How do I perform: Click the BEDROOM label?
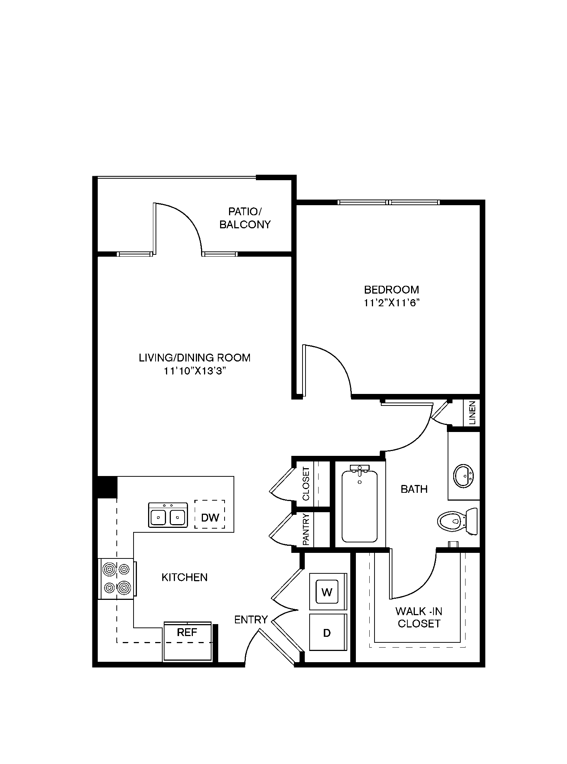[x=391, y=289]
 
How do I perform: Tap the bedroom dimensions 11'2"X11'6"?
[x=391, y=303]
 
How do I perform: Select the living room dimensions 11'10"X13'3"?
[x=195, y=371]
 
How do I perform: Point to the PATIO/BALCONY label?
[x=245, y=218]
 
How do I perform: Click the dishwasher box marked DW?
[x=210, y=514]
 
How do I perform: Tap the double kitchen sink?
[x=168, y=515]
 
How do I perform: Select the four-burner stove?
[x=117, y=579]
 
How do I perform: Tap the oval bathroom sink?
[x=464, y=476]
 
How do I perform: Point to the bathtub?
[x=360, y=504]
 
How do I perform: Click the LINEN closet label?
[x=473, y=413]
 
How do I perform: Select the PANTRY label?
[x=306, y=530]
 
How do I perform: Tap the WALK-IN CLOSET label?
[x=419, y=617]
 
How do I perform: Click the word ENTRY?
[x=251, y=620]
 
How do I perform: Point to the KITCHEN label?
[x=185, y=577]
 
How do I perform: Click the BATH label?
[x=414, y=489]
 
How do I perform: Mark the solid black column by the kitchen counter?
[x=107, y=487]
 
